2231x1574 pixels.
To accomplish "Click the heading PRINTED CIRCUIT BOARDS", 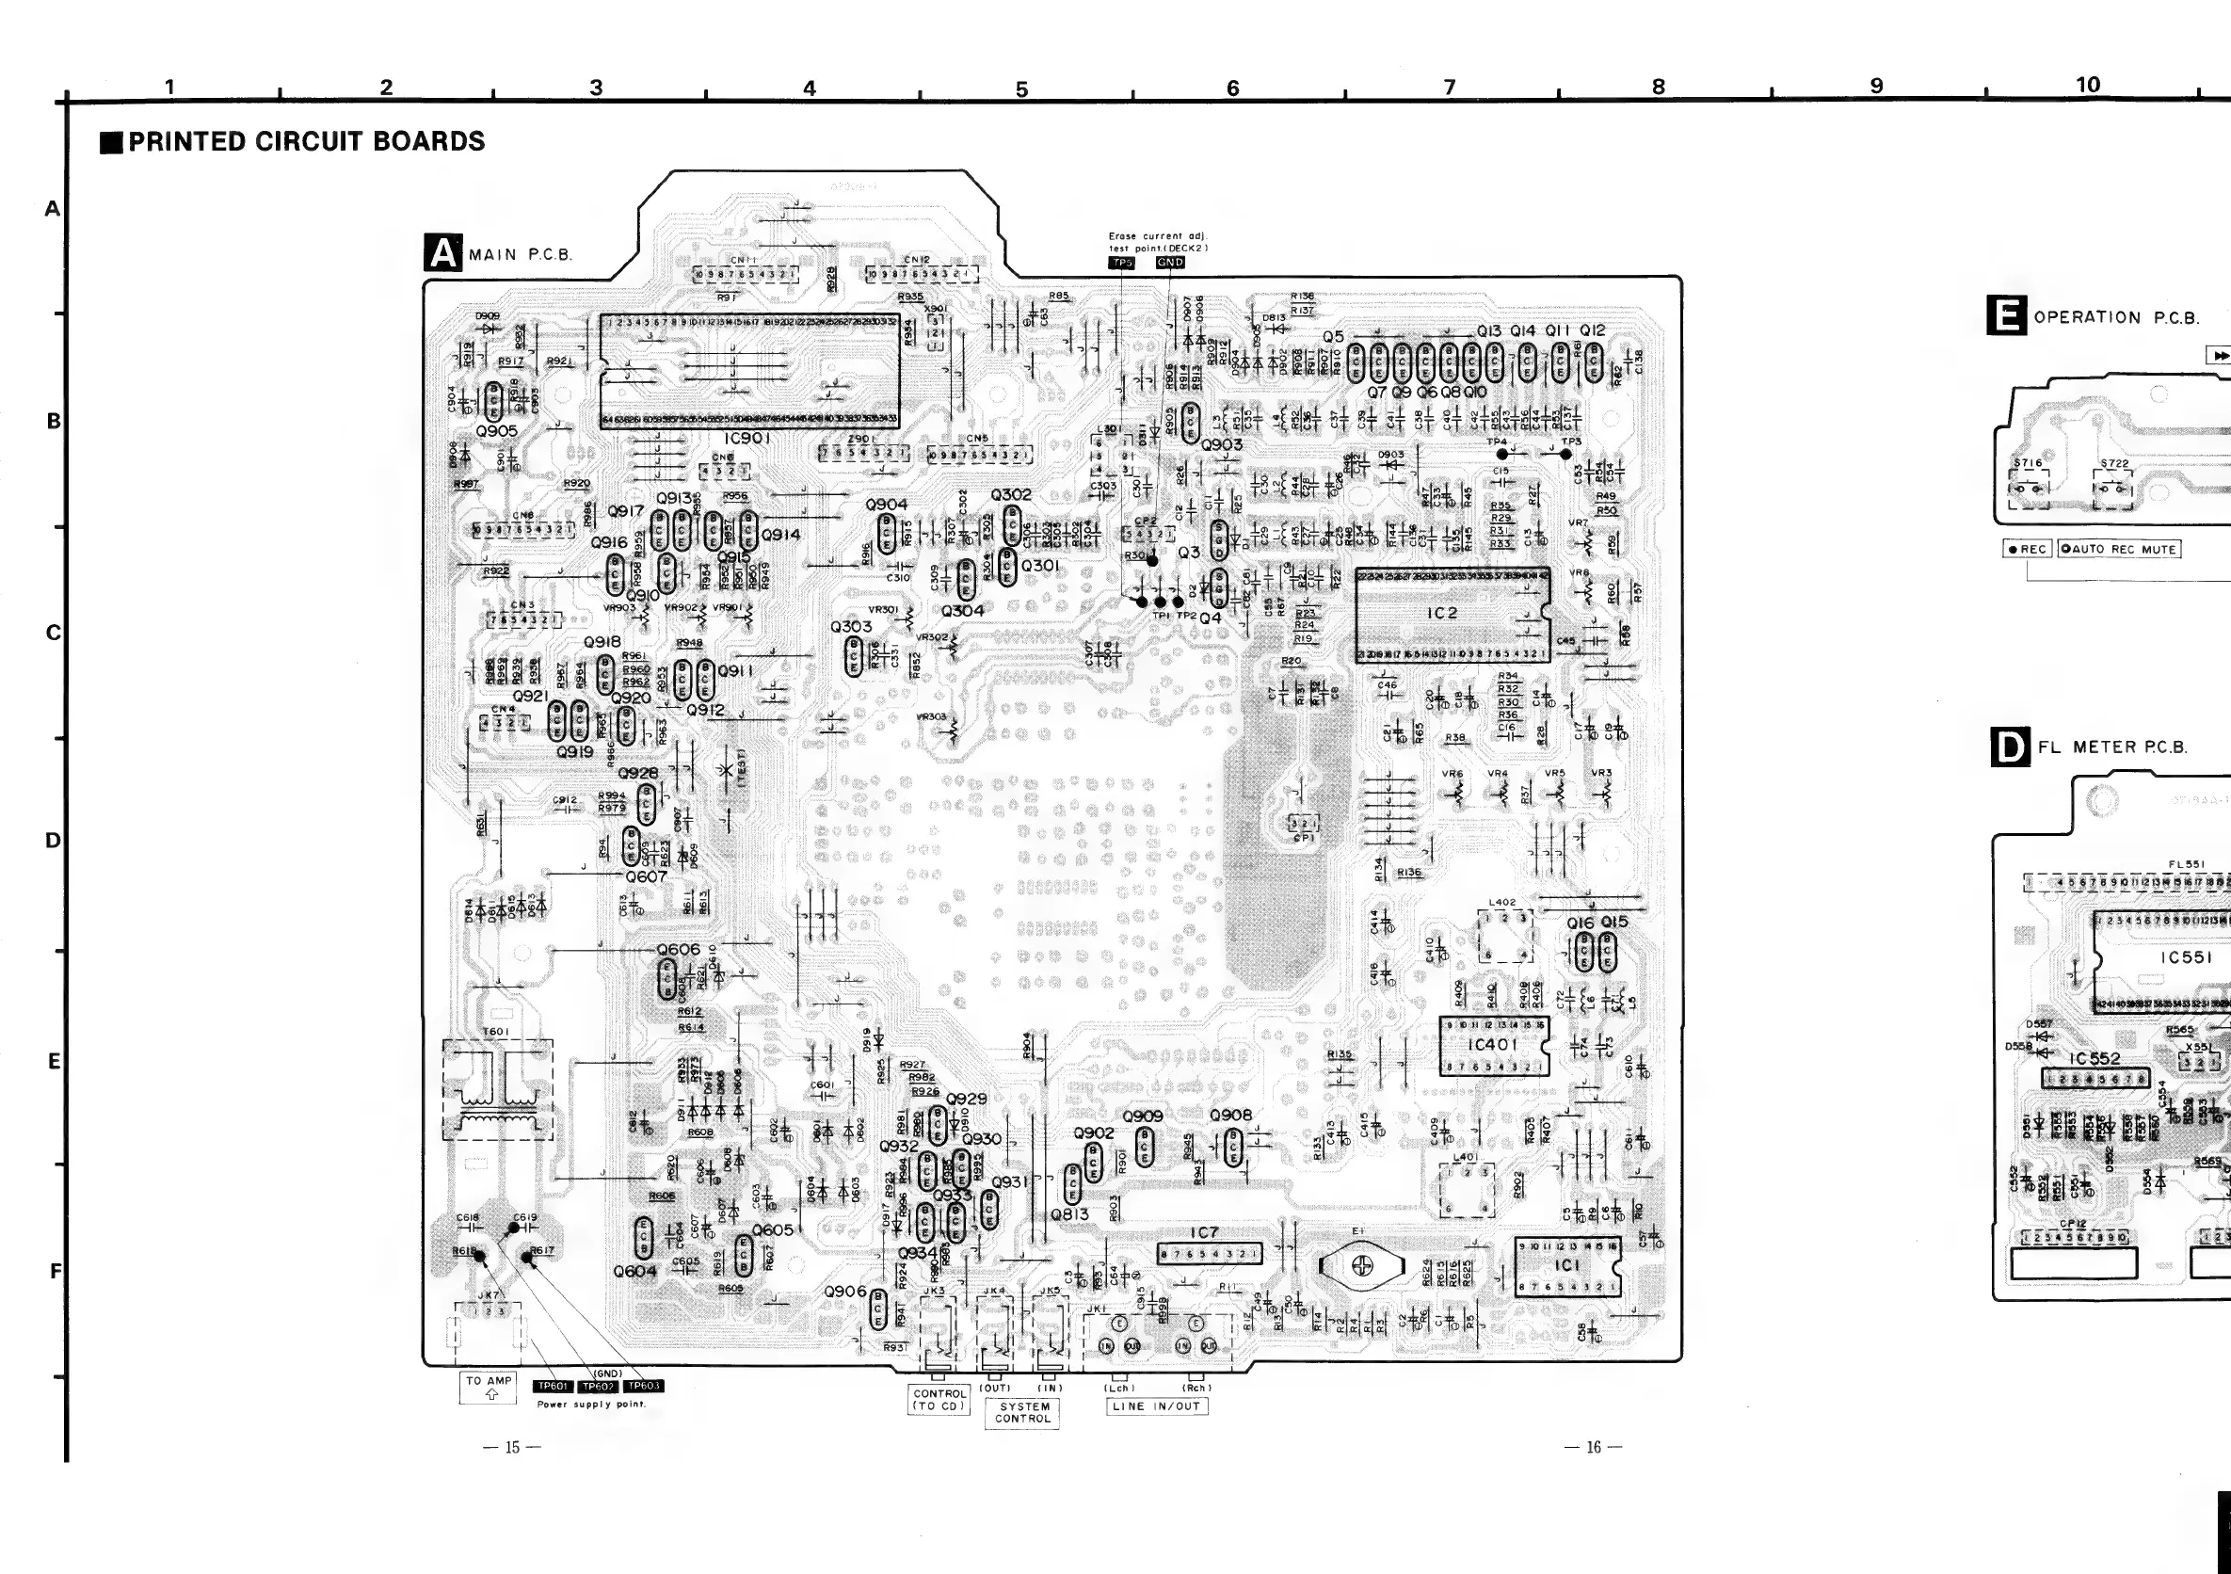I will click(306, 142).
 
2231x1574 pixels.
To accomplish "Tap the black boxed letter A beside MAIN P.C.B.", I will click(443, 253).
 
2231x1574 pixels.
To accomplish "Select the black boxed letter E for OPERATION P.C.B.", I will click(2008, 316).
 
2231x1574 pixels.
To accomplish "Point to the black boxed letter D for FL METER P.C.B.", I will click(2011, 747).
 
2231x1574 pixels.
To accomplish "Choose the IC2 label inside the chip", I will click(1443, 613).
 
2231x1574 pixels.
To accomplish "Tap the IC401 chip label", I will click(1491, 1045).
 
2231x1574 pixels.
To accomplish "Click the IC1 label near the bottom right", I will click(1566, 1264).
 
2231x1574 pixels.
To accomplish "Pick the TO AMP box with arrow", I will click(489, 1388).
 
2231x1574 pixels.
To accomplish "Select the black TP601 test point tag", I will click(552, 1387).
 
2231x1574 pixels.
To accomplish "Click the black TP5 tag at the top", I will click(1122, 264).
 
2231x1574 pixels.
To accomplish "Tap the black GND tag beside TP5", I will click(1170, 264).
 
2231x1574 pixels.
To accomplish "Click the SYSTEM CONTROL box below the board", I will click(1024, 1412).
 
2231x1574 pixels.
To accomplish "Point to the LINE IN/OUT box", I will click(1156, 1405).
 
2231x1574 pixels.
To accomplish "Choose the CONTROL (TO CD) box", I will click(939, 1399).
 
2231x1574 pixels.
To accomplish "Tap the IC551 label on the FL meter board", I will click(2185, 957).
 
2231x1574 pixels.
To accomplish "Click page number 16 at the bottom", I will click(1593, 1448).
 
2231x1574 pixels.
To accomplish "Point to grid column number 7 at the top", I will click(1449, 88).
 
